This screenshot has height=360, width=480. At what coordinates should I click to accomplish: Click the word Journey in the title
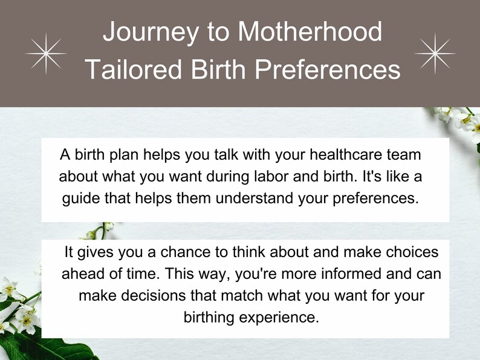tap(151, 32)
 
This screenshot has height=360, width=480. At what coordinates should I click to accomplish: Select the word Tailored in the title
tap(134, 69)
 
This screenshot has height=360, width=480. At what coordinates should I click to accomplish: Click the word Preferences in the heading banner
tap(328, 69)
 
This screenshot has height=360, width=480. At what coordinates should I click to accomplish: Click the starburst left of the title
tap(46, 54)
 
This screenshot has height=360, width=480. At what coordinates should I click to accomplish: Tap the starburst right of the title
tap(435, 54)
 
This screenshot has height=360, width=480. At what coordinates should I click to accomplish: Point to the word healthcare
tap(346, 154)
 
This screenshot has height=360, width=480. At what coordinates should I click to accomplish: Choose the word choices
tap(412, 252)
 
